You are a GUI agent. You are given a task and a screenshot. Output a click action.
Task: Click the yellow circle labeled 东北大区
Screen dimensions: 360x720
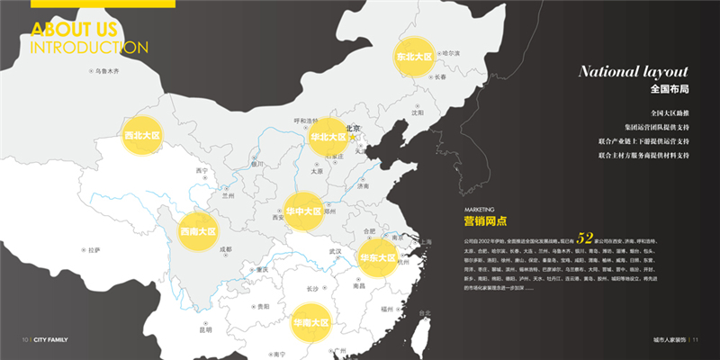(x=414, y=57)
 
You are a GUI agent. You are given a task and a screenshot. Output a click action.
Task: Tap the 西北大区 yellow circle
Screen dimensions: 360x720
(x=142, y=136)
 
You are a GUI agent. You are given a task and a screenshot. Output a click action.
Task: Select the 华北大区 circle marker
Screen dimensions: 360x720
(x=328, y=137)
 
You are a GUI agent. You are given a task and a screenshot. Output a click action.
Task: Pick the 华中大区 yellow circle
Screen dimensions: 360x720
(x=303, y=211)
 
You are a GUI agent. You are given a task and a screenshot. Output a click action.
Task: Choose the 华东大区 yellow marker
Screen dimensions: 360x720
(x=378, y=257)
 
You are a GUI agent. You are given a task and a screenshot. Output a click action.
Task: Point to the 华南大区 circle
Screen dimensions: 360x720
(x=311, y=321)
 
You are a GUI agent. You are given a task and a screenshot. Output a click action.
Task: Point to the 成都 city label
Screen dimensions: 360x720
(x=224, y=249)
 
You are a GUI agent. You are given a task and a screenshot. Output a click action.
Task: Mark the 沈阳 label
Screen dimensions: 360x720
(x=417, y=112)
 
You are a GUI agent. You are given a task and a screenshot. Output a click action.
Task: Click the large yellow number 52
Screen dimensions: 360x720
(x=586, y=239)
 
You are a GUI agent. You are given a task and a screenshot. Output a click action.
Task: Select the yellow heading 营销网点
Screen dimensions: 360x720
(x=485, y=220)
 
